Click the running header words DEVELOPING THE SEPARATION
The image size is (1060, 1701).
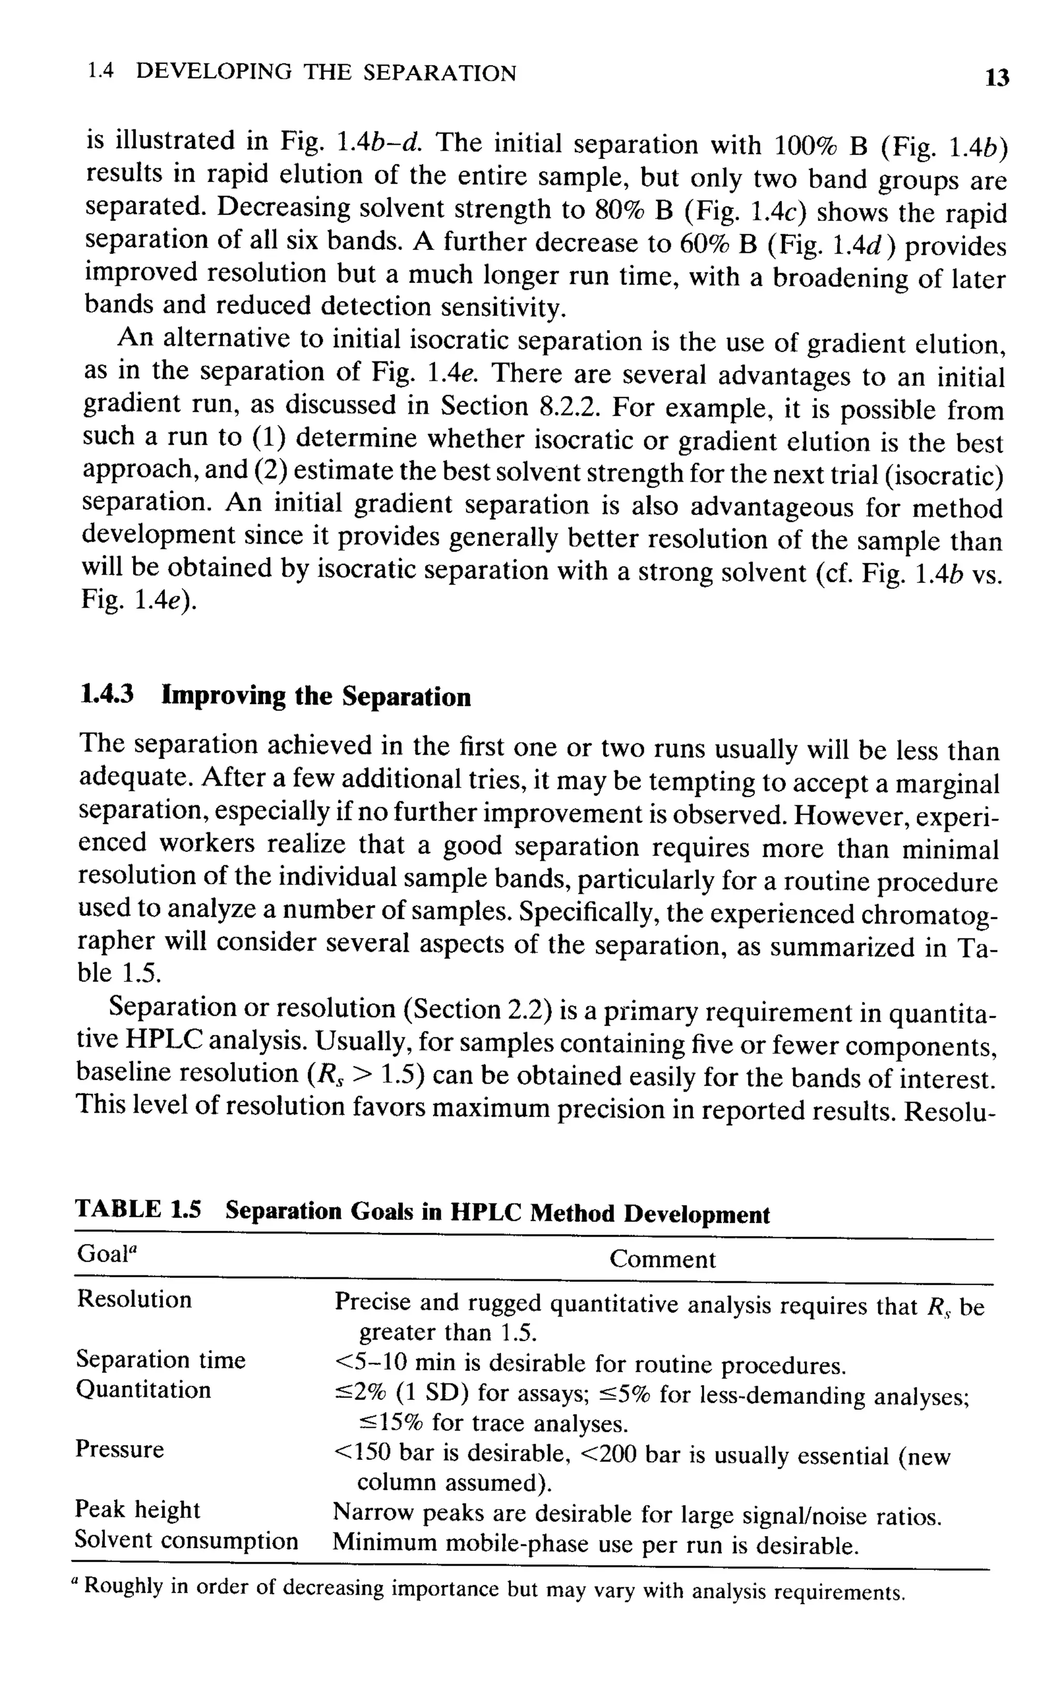pos(326,72)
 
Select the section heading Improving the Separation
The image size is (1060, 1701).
pos(316,696)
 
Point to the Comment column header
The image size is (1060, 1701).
pos(662,1259)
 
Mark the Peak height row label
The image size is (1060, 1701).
pos(137,1509)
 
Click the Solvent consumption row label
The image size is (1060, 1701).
pos(186,1539)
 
